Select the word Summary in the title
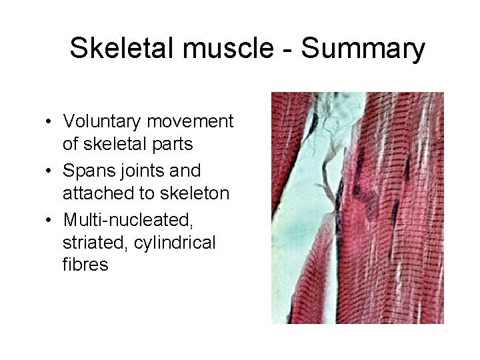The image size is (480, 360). click(x=363, y=48)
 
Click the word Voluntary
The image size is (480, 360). click(x=102, y=121)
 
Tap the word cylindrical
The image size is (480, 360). click(x=175, y=241)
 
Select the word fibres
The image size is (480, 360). click(x=85, y=265)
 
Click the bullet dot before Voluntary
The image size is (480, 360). click(x=50, y=122)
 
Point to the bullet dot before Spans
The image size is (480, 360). click(x=50, y=171)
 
